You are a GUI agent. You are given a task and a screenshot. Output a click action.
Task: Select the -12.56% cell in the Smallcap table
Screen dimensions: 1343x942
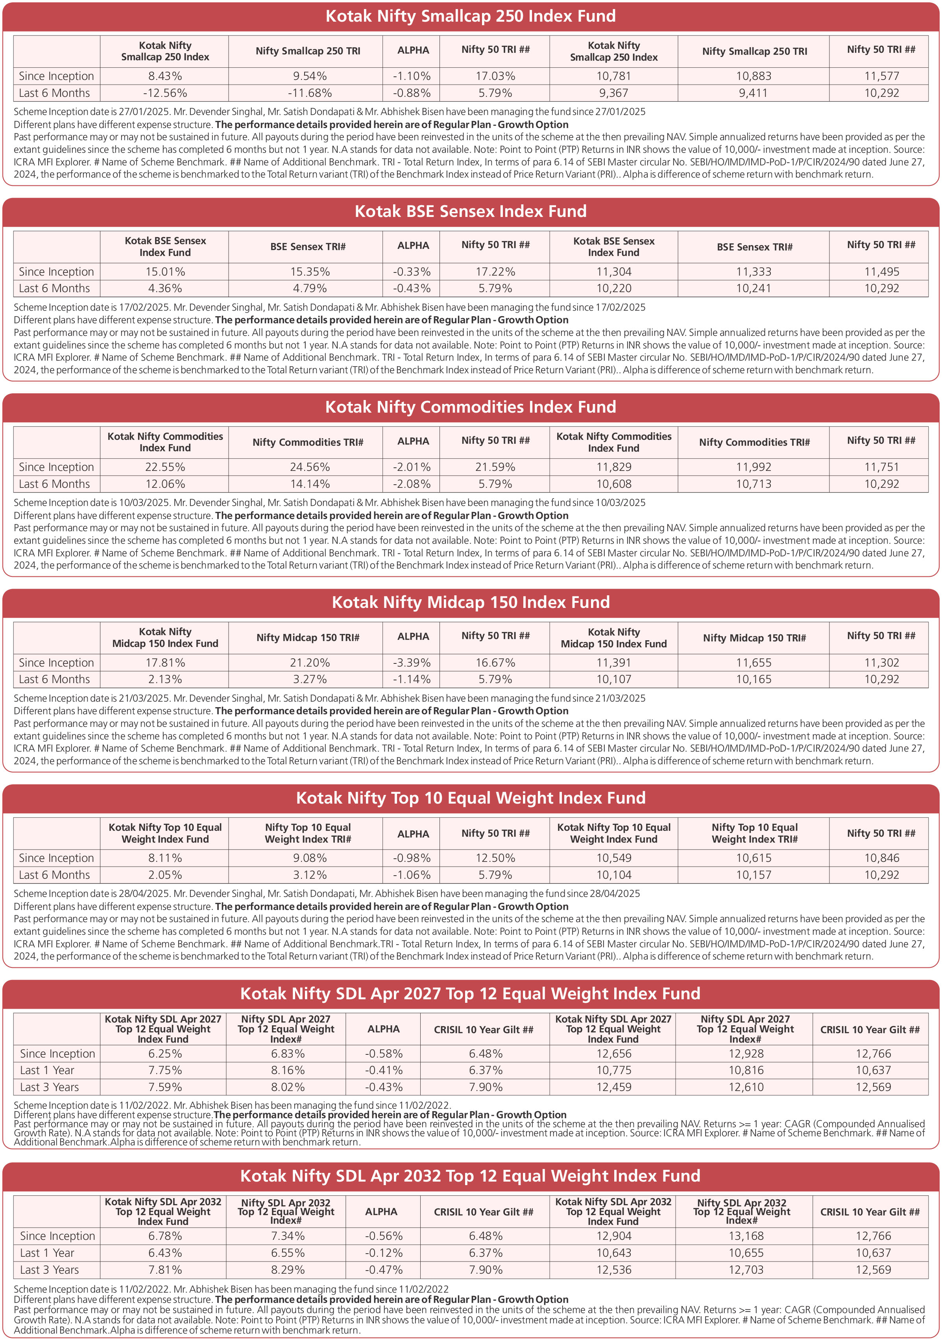[165, 93]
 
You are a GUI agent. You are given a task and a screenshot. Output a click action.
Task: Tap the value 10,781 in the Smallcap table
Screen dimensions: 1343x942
[613, 76]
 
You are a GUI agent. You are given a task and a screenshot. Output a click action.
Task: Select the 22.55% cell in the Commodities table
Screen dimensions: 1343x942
[165, 467]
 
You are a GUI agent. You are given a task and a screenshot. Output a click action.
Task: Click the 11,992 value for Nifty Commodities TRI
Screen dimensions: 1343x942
[753, 467]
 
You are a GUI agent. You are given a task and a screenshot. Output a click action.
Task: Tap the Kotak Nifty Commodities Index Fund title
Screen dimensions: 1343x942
[470, 407]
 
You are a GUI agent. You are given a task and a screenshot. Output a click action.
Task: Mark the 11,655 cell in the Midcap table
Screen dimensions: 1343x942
[753, 663]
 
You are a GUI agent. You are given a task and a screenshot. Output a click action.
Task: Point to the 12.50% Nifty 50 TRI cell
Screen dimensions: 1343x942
[495, 858]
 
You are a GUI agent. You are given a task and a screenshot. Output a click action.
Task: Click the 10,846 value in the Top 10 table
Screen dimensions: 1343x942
[882, 858]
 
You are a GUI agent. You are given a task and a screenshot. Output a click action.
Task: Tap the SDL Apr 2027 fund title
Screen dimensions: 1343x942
[470, 993]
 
